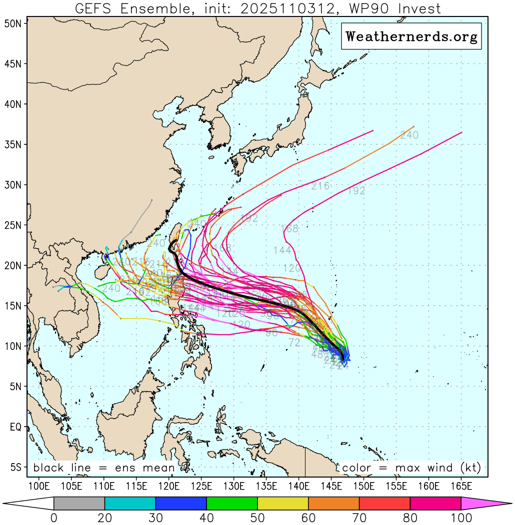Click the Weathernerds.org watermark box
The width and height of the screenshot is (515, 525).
[x=411, y=36]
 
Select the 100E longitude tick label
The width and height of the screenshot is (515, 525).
[x=39, y=485]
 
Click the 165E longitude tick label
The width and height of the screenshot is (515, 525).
[x=461, y=485]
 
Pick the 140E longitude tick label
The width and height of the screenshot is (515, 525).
[x=299, y=485]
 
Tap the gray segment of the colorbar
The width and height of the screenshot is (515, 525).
[x=79, y=503]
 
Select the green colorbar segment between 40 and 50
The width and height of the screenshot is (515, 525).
[x=232, y=503]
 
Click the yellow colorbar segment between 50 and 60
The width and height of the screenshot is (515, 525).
[x=283, y=503]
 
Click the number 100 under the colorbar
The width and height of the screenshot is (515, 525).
[x=461, y=518]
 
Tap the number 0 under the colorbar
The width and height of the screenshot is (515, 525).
[x=53, y=518]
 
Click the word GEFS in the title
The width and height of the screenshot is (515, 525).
[x=92, y=8]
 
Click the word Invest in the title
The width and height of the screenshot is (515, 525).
[x=416, y=8]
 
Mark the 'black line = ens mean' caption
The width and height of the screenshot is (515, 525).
[x=104, y=468]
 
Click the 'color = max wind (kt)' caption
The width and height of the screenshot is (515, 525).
[x=411, y=468]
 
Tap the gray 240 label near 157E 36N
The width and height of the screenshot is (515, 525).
[x=409, y=135]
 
